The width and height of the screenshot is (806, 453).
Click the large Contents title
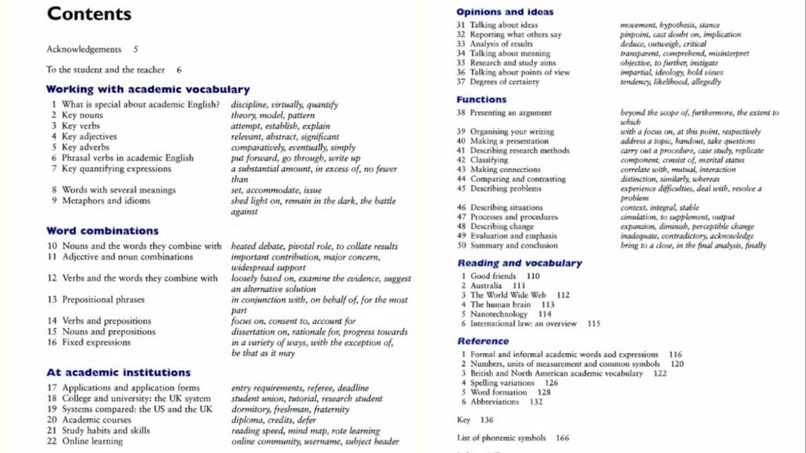89,14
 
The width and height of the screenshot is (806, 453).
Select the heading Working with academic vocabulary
147,90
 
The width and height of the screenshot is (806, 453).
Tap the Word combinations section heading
102,231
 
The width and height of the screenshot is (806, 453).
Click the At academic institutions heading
118,373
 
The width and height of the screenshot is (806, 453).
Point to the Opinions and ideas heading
505,12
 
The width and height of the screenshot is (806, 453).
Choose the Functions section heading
481,100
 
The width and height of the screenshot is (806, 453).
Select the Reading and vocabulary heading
519,263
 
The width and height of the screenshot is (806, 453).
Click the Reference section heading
483,341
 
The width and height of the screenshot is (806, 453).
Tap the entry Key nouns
82,115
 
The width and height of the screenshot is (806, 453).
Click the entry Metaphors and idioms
105,201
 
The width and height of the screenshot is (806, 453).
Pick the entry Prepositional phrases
103,300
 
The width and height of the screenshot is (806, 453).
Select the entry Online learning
92,441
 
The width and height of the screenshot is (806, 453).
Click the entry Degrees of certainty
505,82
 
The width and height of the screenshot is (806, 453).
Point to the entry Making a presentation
509,142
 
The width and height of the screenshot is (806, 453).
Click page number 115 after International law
593,323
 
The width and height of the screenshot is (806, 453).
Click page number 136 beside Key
486,420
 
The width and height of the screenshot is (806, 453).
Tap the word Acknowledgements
83,50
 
